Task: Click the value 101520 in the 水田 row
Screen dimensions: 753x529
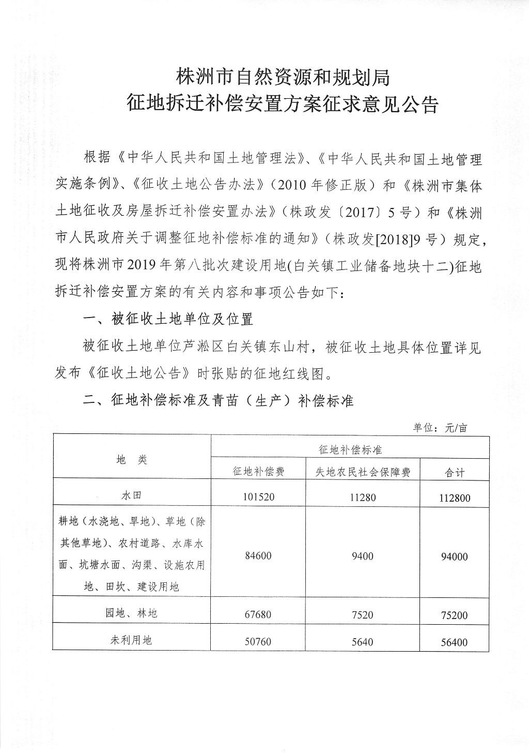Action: tap(258, 497)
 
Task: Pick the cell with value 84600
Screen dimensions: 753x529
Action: tap(258, 556)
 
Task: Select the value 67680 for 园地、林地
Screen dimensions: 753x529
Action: tap(258, 614)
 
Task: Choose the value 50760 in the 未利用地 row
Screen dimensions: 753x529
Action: tap(258, 642)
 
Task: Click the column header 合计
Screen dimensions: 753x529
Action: tap(455, 473)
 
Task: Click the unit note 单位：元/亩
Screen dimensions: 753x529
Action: tap(440, 428)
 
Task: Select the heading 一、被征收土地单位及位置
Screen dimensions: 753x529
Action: tap(168, 319)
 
